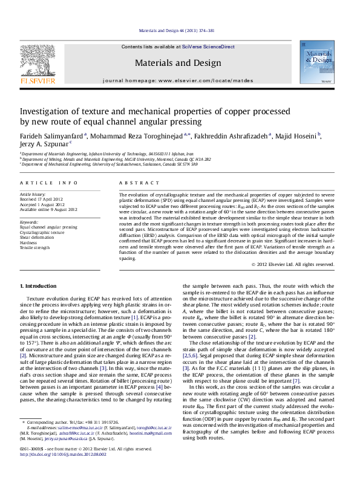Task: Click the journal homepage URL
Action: pos(204,80)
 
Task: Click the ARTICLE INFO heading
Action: pos(49,183)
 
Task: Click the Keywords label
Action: pos(29,222)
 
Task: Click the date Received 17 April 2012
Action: pos(42,199)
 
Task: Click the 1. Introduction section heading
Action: pos(39,285)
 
